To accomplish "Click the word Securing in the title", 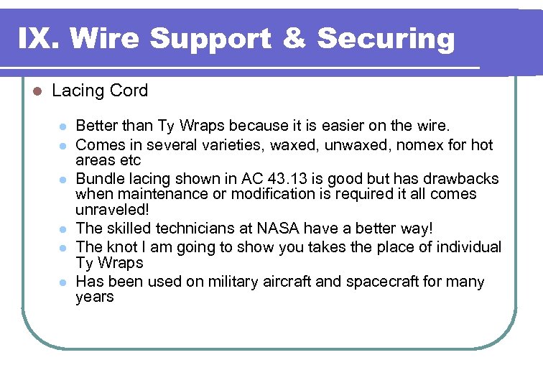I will [386, 38].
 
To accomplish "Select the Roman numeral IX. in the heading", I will [40, 38].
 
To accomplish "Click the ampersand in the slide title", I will [294, 38].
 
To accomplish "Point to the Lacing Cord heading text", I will [100, 91].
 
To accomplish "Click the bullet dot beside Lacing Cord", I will [37, 91].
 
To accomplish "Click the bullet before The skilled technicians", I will [62, 229].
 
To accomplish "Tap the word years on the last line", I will [95, 297].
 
